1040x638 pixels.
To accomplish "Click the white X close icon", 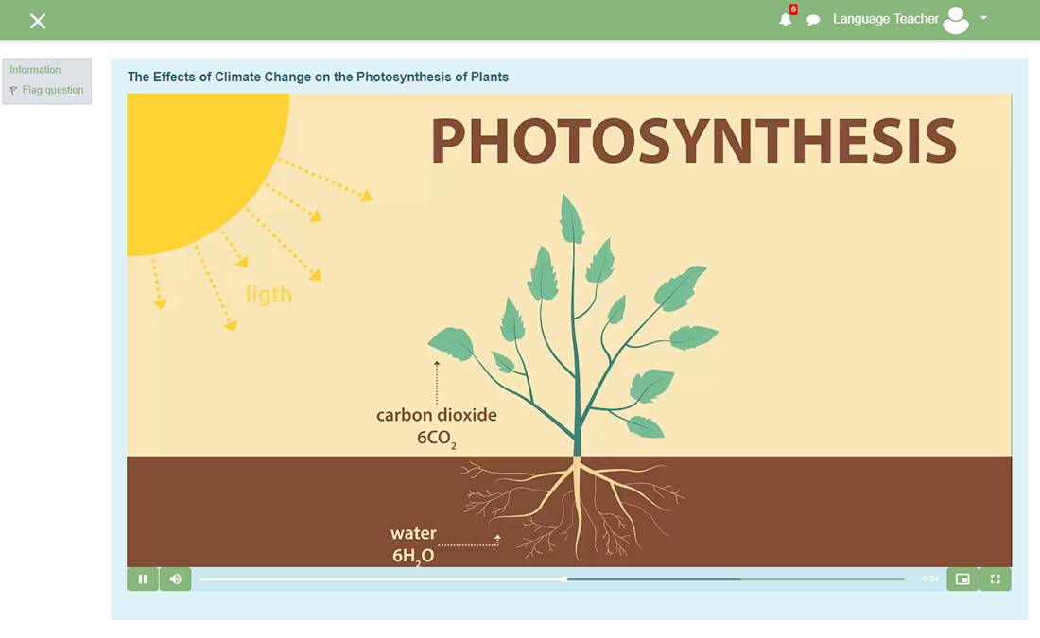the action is pos(38,21).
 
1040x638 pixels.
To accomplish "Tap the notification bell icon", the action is pos(786,19).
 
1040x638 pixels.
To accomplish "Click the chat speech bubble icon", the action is pos(813,20).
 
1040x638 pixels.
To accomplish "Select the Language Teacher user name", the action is pos(886,19).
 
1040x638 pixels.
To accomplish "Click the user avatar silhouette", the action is pos(956,20).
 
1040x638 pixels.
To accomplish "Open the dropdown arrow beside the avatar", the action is pos(983,18).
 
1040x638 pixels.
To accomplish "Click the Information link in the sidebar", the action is pos(35,70).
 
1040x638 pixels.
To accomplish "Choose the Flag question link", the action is pos(53,90).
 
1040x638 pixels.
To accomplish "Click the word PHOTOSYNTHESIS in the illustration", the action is pos(694,141).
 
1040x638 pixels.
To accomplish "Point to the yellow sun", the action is pos(199,165).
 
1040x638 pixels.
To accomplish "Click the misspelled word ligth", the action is pos(269,294).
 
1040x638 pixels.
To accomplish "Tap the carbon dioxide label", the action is pos(437,415).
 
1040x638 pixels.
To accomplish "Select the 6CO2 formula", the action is pos(437,439).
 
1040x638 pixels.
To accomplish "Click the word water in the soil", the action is pos(413,533).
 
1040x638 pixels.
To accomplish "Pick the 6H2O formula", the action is pos(413,556).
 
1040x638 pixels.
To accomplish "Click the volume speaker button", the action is pos(176,579).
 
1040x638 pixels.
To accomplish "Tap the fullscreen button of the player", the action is pos(996,579).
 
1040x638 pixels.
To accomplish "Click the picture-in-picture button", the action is pos(962,579).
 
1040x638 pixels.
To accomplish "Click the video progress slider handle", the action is pos(563,579).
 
